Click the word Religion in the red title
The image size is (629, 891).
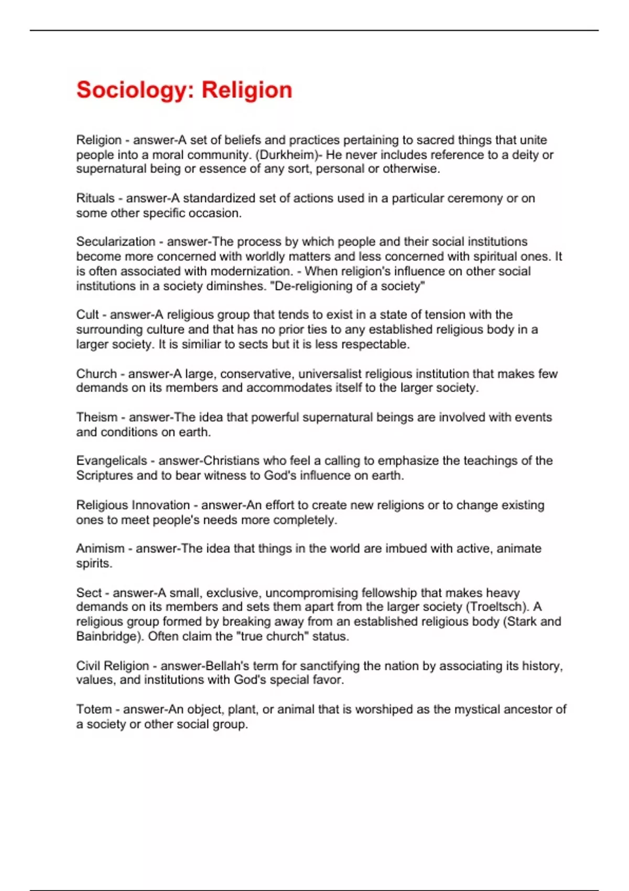(x=247, y=90)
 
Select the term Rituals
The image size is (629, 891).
(x=95, y=198)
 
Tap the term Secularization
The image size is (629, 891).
(x=116, y=242)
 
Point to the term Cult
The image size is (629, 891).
(x=87, y=314)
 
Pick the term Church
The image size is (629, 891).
(x=96, y=374)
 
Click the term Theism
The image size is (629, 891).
(x=97, y=417)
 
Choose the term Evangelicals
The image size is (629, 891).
(x=112, y=461)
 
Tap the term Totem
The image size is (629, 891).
(x=94, y=709)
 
